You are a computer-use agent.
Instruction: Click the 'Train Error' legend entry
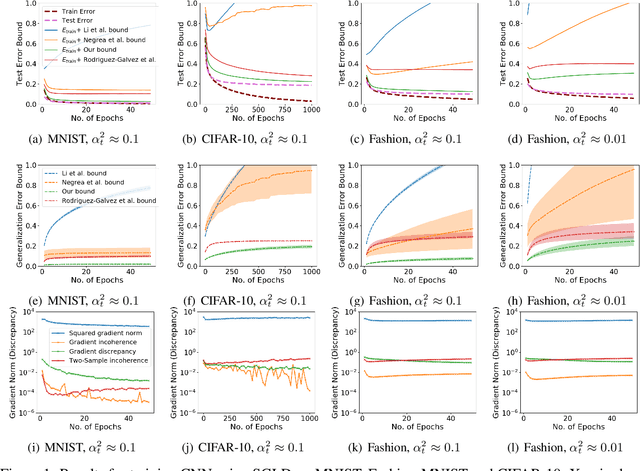[90, 9]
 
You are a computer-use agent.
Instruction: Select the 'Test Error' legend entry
[89, 19]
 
